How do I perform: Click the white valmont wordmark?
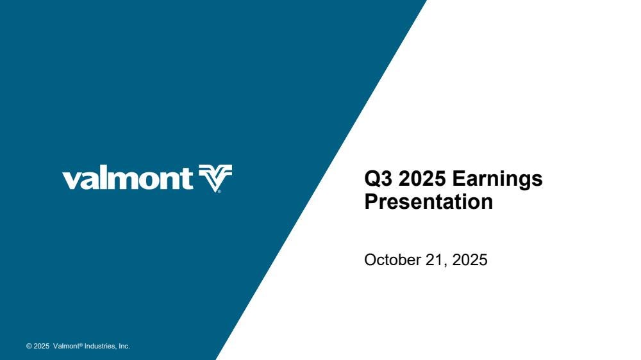[x=128, y=179]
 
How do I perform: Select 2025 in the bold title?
[x=422, y=179]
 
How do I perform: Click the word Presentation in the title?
[x=428, y=201]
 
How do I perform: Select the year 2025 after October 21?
[x=470, y=260]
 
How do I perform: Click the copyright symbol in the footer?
[x=29, y=346]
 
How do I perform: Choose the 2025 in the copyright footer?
[x=41, y=346]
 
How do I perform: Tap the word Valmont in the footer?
[x=66, y=346]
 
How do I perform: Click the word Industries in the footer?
[x=101, y=346]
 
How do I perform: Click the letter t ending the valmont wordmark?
[x=188, y=179]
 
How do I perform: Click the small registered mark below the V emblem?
[x=219, y=190]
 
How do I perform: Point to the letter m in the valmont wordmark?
[x=124, y=181]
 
